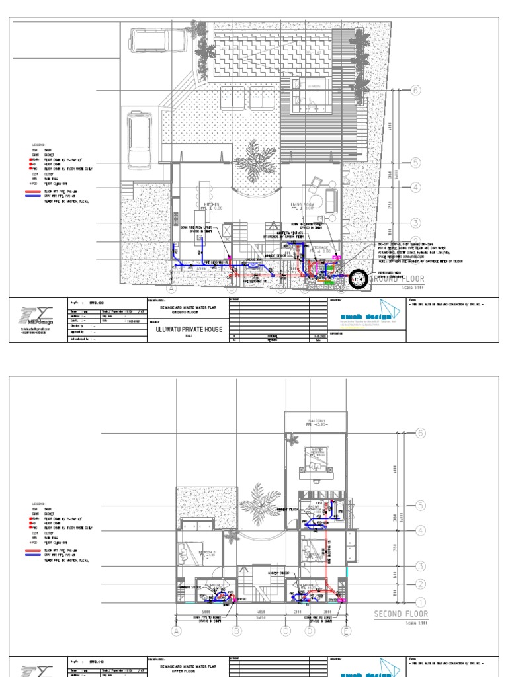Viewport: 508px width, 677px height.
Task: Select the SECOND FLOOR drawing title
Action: coord(401,614)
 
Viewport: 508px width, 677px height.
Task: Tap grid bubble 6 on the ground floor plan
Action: coord(415,91)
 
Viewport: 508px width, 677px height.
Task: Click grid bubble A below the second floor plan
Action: coord(176,631)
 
